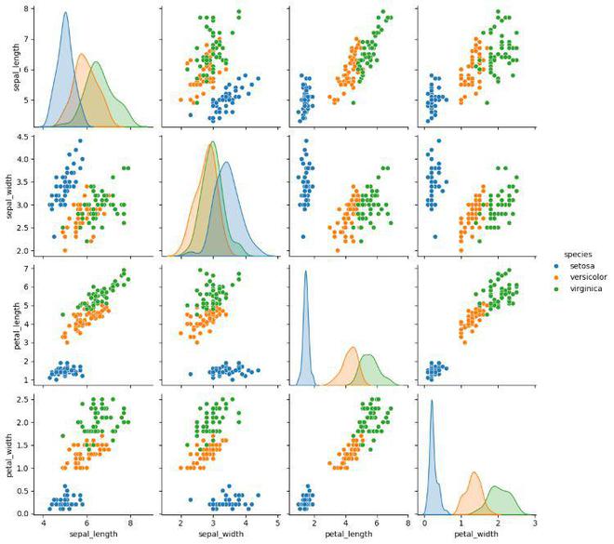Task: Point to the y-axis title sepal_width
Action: [x=14, y=196]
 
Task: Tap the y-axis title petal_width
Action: [x=14, y=454]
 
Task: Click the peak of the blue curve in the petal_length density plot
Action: [x=305, y=272]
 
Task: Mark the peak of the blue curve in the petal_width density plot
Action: [x=432, y=400]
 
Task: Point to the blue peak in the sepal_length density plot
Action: [x=65, y=13]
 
